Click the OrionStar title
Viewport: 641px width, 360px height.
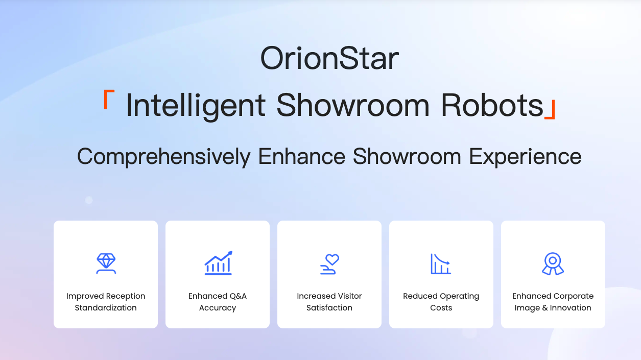click(329, 58)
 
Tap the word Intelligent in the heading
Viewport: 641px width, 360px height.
click(196, 106)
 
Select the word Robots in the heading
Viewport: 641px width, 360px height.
click(492, 105)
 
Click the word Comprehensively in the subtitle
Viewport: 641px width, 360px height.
click(163, 157)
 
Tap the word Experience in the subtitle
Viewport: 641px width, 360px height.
click(525, 157)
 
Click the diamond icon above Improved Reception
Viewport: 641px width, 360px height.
click(106, 263)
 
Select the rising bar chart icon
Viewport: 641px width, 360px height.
click(218, 263)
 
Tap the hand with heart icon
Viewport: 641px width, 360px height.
click(329, 264)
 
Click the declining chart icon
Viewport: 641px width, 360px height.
click(441, 263)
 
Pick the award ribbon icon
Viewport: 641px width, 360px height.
click(553, 263)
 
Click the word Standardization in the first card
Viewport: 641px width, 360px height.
click(106, 307)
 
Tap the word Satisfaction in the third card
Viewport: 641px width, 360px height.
click(329, 307)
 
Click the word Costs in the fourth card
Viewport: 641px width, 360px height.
click(441, 307)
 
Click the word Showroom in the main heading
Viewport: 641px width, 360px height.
click(353, 105)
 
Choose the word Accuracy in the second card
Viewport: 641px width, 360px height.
click(218, 308)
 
